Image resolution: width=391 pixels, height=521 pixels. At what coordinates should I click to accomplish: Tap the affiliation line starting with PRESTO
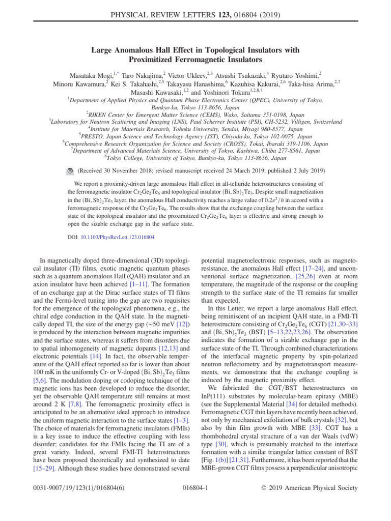(x=195, y=136)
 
